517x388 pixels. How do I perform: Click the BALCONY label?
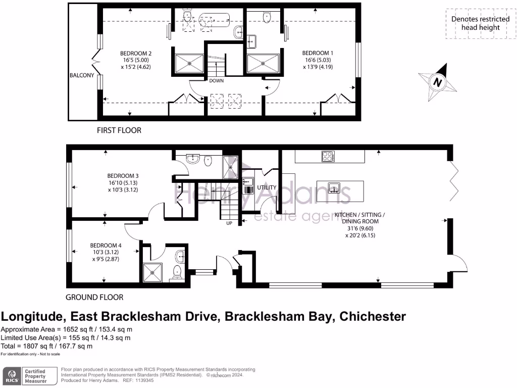(x=82, y=75)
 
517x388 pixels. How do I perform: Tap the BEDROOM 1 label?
(x=318, y=53)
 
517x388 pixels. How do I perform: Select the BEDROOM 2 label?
(x=136, y=53)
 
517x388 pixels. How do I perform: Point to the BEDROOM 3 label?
(x=123, y=176)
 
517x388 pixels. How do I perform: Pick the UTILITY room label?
(x=267, y=187)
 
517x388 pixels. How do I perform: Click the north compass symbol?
(x=437, y=82)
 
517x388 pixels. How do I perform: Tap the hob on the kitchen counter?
(x=328, y=157)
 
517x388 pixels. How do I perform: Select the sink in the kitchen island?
(x=334, y=189)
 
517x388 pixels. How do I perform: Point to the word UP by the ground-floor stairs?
(x=228, y=222)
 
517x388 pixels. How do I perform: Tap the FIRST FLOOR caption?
(x=119, y=130)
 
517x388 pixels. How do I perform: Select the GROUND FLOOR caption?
(x=94, y=298)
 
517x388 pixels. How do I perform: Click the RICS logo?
(x=12, y=376)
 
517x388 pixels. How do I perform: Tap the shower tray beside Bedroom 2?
(x=189, y=64)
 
